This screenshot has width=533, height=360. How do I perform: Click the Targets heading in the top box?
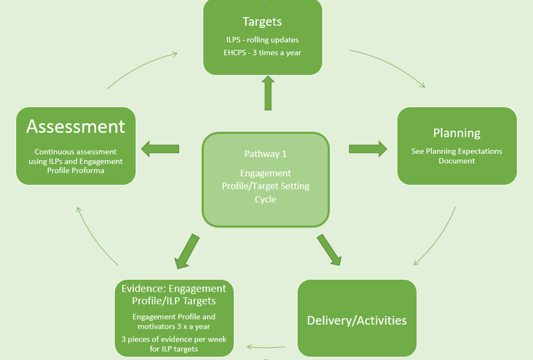point(262,22)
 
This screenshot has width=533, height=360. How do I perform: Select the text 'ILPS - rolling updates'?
point(262,40)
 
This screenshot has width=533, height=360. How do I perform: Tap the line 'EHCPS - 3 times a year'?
point(262,53)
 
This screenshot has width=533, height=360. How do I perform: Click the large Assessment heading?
point(76,126)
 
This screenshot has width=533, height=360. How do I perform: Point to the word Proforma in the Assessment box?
point(88,171)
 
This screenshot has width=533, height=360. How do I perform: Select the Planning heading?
point(457,133)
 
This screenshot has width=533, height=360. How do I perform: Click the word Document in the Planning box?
point(457,161)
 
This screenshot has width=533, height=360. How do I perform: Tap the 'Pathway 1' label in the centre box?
point(265,154)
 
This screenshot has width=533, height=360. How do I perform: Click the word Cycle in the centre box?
point(265,199)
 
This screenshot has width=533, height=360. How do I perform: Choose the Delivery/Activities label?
point(357,320)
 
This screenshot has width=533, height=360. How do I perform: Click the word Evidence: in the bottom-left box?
point(143,289)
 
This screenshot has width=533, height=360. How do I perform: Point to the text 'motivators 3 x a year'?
point(174,326)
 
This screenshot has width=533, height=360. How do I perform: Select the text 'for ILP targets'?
point(174,349)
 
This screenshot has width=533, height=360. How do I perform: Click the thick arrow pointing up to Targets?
point(268,93)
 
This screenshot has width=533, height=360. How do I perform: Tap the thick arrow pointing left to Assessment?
point(160,149)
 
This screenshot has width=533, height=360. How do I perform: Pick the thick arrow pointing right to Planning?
point(368,149)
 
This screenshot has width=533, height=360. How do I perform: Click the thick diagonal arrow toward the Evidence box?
point(186,252)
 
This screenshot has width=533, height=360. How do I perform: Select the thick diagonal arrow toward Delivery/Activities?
point(329,250)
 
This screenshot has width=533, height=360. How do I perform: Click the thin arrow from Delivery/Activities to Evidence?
point(266,347)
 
